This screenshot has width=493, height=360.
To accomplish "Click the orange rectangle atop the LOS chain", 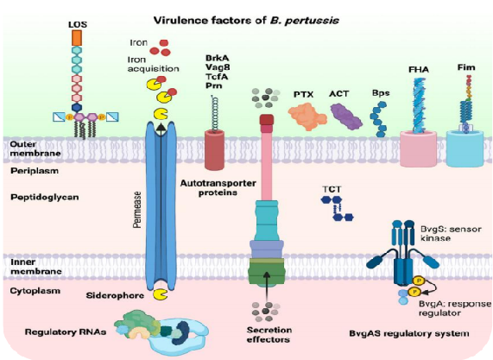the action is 77,38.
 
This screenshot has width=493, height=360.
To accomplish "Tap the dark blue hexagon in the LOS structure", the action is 77,108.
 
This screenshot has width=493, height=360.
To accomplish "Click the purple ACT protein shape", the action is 346,117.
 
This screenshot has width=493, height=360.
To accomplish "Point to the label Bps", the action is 381,93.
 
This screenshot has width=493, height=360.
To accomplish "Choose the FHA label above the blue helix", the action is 419,69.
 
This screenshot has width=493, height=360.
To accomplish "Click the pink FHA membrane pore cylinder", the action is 419,149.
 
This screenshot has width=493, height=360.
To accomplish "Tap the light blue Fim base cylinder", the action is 465,148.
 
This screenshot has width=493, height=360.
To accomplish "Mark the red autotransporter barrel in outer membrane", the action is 215,150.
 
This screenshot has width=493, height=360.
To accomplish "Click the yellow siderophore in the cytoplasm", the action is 160,294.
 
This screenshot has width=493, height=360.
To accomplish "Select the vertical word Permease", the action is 136,210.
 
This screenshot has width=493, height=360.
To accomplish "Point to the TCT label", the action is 332,190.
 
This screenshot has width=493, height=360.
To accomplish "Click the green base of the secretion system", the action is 266,272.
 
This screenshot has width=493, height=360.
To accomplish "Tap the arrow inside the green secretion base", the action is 267,287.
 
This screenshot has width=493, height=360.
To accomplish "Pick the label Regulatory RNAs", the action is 66,332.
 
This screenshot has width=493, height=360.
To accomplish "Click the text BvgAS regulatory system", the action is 409,333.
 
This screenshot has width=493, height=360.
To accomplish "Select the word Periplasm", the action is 35,171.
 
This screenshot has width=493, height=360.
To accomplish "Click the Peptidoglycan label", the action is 45,198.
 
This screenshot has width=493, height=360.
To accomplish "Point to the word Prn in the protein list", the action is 214,85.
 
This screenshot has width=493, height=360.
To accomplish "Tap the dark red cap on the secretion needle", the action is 267,120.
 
